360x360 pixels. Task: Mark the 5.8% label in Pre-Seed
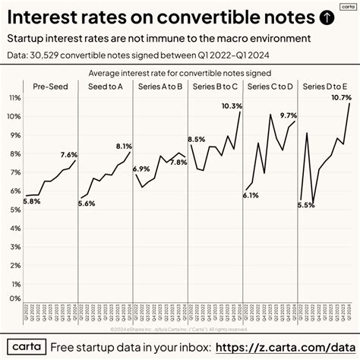tap(32, 201)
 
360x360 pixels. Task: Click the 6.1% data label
tap(250, 195)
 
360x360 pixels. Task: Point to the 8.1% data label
tap(125, 145)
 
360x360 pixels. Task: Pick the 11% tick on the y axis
tap(14, 98)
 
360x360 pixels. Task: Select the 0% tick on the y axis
tap(16, 298)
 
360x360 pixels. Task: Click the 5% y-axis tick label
tap(16, 207)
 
